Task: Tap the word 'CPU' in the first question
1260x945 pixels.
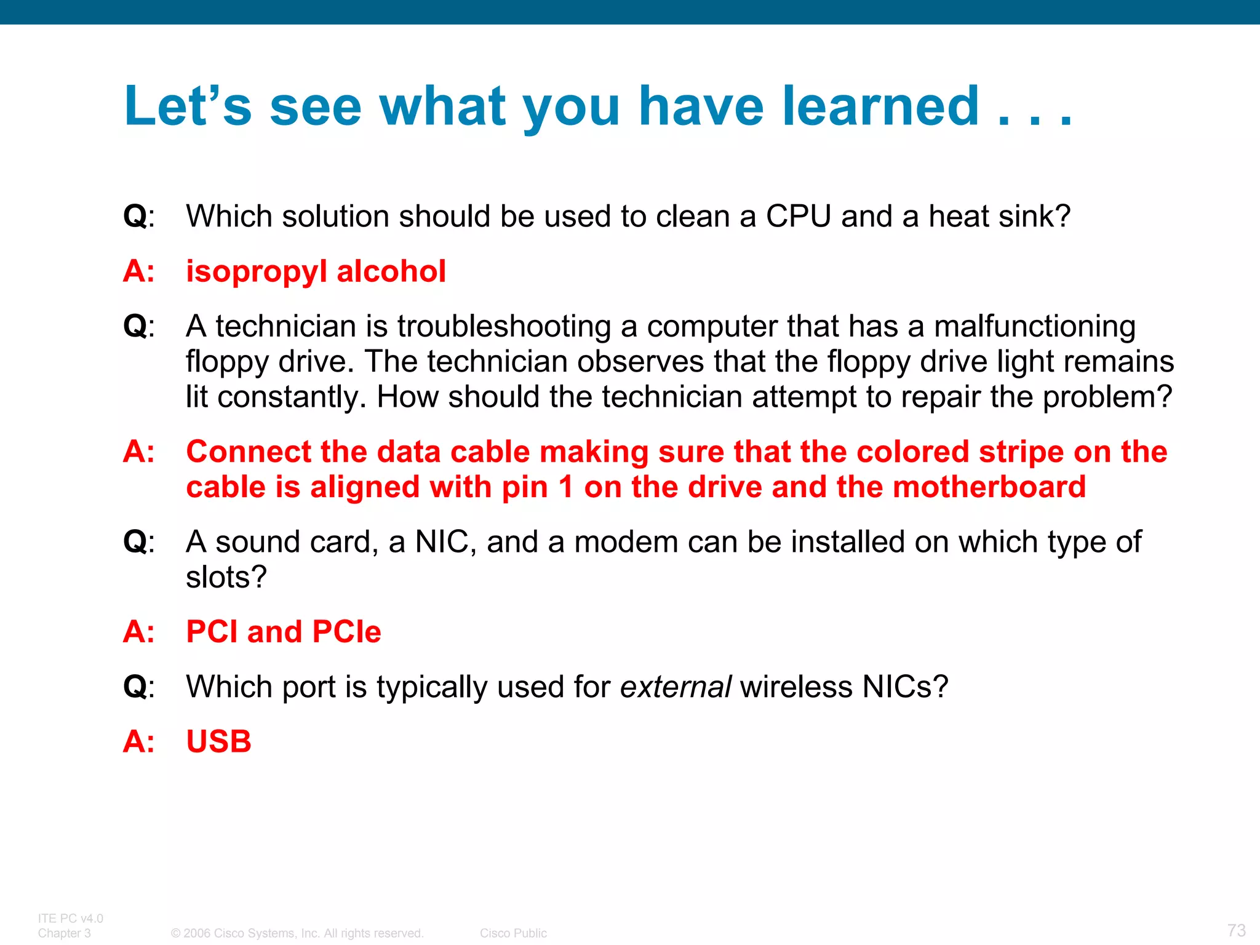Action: pyautogui.click(x=798, y=217)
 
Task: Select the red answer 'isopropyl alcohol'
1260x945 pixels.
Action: pyautogui.click(x=316, y=271)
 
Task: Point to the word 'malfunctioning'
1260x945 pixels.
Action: pyautogui.click(x=1034, y=326)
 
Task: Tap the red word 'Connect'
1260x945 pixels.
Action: pyautogui.click(x=248, y=452)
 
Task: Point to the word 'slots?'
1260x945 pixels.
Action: pyautogui.click(x=226, y=577)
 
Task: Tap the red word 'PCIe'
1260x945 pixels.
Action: pyautogui.click(x=346, y=632)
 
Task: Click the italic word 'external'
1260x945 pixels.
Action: pyautogui.click(x=675, y=687)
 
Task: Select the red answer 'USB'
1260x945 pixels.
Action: pyautogui.click(x=219, y=741)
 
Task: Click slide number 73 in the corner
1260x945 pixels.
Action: pyautogui.click(x=1236, y=930)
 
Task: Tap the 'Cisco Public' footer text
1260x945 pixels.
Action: pyautogui.click(x=513, y=933)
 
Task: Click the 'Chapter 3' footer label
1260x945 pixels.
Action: pyautogui.click(x=64, y=933)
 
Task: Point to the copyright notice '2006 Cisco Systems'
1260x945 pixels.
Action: pyautogui.click(x=297, y=933)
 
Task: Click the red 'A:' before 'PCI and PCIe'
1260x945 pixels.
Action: pyautogui.click(x=138, y=632)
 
